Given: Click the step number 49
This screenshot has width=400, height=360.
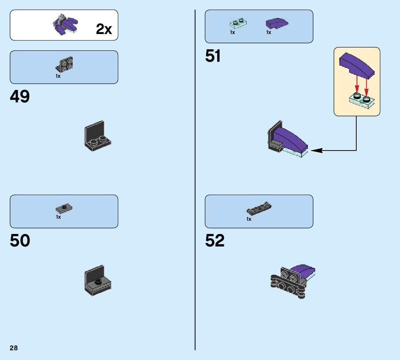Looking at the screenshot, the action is [x=20, y=97].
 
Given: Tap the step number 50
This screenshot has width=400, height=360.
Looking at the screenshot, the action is [x=20, y=241].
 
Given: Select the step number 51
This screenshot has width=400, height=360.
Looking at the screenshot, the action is [x=213, y=56].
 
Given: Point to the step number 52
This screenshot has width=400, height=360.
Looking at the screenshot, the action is [x=215, y=241].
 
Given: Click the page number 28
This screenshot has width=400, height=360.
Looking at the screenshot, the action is [x=14, y=348].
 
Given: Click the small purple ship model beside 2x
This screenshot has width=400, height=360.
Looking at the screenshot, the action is [x=65, y=25].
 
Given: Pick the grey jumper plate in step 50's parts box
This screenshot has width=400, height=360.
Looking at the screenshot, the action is [x=64, y=208].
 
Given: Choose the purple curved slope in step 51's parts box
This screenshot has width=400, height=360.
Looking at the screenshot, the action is [x=277, y=23].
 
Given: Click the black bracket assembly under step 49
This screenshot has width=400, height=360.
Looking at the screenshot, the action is [x=97, y=136].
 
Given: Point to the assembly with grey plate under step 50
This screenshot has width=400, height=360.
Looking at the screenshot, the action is [x=98, y=281].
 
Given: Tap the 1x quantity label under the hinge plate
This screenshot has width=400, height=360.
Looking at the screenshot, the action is [x=249, y=219].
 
